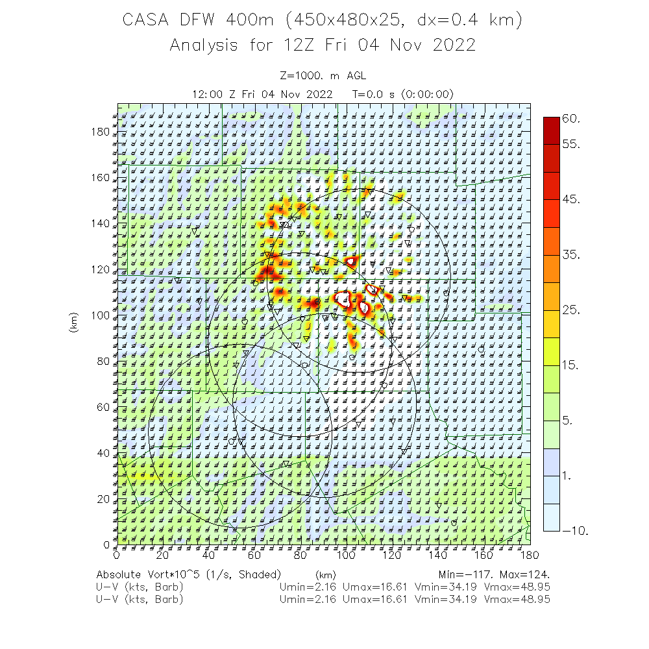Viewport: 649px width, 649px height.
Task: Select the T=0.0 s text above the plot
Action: [374, 94]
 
